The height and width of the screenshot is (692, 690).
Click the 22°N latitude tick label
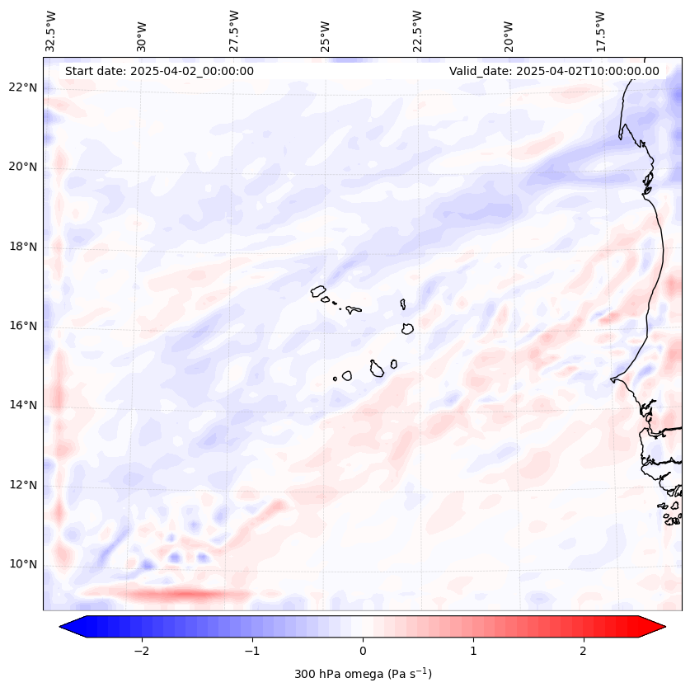tap(24, 87)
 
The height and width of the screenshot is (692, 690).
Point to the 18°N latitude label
tap(24, 247)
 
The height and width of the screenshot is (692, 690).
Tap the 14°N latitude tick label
tap(24, 405)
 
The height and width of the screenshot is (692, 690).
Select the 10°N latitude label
tap(24, 564)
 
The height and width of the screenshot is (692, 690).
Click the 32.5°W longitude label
tap(51, 31)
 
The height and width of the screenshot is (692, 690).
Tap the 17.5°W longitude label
tap(600, 31)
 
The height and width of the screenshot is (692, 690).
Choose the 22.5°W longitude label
tap(417, 31)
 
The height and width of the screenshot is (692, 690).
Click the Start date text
tap(159, 71)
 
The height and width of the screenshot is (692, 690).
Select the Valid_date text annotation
tap(554, 71)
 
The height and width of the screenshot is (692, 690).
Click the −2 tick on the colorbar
tap(141, 650)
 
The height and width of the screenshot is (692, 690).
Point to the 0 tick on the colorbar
tap(363, 650)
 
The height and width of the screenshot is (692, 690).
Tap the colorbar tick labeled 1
tap(473, 650)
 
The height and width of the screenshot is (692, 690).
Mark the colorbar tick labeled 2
tap(584, 650)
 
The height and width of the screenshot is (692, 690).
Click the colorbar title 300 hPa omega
tap(363, 674)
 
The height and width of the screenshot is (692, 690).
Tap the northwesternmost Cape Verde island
tap(319, 290)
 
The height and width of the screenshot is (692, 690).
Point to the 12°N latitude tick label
tap(24, 485)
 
